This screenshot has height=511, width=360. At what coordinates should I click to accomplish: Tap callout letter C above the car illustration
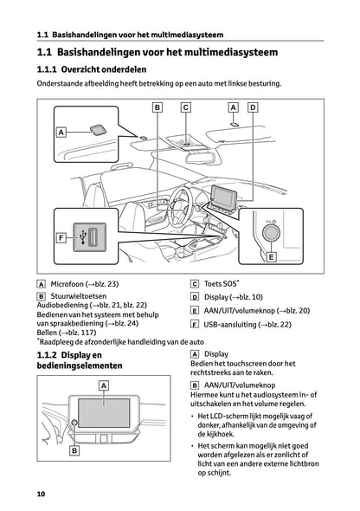coord(185,107)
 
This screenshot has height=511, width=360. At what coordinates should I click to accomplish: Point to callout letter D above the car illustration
coord(252,107)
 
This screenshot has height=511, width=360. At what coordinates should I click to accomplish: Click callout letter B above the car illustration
coord(157,107)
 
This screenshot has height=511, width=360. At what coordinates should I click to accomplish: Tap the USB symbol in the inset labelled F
coord(80,236)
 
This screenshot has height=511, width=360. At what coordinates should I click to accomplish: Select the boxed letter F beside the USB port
coord(61,237)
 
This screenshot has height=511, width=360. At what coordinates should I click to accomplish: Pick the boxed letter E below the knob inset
coord(271,257)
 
